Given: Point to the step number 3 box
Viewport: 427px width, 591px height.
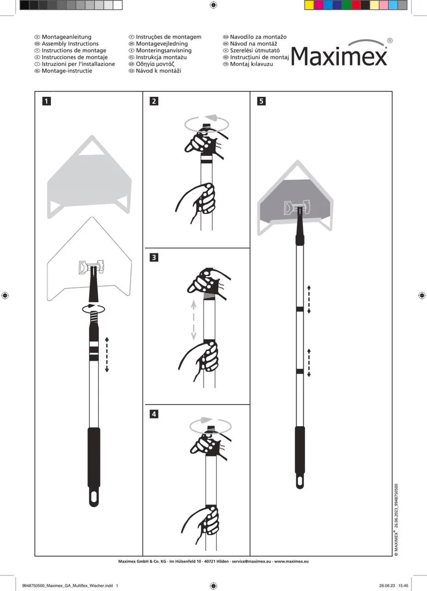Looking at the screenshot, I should [154, 257].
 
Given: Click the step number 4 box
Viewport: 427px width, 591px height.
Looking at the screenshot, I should [154, 414].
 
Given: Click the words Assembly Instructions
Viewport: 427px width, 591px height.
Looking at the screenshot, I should [70, 44].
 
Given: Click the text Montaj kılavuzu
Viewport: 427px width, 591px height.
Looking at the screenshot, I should [251, 64].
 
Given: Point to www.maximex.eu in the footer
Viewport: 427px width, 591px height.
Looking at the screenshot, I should [291, 561].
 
